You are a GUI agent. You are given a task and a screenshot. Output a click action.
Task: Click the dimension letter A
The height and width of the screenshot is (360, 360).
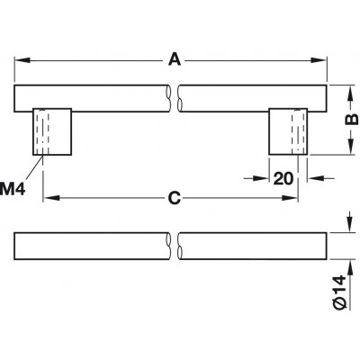(175, 59)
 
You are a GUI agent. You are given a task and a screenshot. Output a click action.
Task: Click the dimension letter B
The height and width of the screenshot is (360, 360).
(351, 120)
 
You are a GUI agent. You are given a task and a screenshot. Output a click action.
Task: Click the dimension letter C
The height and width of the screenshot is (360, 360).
(175, 198)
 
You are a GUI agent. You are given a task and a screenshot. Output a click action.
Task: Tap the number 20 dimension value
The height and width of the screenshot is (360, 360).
(283, 179)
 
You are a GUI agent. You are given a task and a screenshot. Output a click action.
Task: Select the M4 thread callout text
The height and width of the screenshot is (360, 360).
(13, 189)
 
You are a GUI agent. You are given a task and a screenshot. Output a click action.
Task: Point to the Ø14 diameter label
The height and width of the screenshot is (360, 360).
(339, 292)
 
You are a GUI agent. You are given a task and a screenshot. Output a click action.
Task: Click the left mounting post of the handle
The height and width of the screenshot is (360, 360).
(52, 131)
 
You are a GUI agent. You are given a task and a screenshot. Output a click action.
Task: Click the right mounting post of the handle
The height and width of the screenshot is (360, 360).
(288, 131)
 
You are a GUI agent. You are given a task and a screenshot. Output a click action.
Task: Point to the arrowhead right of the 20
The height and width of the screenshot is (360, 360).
(315, 178)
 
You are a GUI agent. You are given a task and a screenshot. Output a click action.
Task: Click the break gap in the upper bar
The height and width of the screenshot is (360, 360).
(174, 98)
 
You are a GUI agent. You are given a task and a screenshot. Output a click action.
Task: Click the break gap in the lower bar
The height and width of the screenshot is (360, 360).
(174, 246)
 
